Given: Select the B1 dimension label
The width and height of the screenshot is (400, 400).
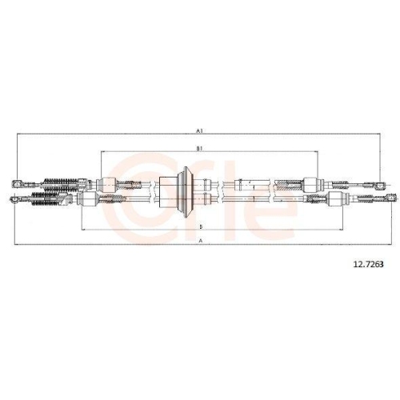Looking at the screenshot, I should (x=199, y=149).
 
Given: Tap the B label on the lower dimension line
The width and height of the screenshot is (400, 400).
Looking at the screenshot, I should (x=199, y=226).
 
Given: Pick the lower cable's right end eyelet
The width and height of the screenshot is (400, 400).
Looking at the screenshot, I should (x=386, y=197).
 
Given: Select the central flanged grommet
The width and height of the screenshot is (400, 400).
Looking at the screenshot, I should (x=185, y=190).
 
